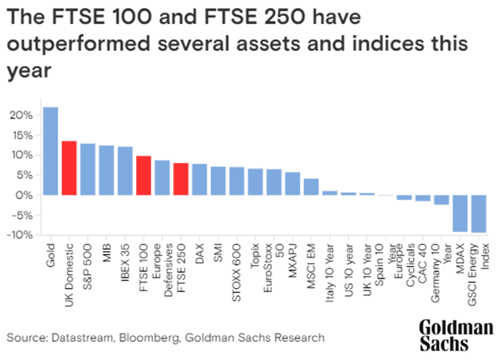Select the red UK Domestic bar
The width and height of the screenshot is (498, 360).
coord(69,168)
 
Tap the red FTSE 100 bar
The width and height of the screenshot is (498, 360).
coord(144,176)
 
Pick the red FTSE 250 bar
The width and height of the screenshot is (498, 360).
coord(181,179)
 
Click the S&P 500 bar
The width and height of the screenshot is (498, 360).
coord(88,169)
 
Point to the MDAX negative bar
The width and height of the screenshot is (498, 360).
coord(460,213)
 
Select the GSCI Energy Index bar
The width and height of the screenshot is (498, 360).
coord(479,214)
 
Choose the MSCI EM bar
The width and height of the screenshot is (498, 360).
coord(311,187)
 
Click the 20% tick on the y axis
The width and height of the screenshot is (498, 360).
coord(23,115)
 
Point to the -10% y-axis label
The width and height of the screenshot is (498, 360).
coord(22,235)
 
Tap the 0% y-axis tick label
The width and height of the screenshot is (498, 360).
coord(26,195)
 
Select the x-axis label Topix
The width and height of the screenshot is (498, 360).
coord(255,255)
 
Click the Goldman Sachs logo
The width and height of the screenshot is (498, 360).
coord(456,336)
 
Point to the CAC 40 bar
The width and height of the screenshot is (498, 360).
coord(423,198)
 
